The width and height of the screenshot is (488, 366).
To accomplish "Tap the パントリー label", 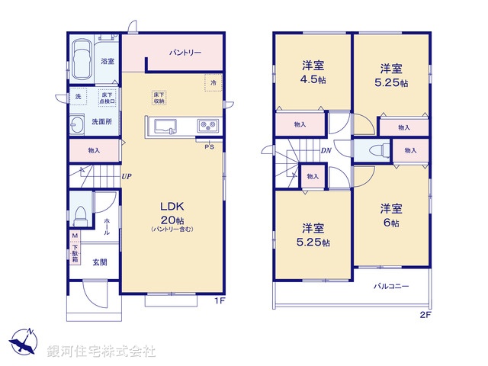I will click(185, 53).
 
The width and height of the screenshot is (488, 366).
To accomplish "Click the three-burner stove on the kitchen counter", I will click(207, 125).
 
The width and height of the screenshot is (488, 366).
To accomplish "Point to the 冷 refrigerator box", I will click(213, 82).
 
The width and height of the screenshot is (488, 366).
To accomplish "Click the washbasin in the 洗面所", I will click(79, 125).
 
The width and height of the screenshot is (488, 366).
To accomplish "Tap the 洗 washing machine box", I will click(77, 96).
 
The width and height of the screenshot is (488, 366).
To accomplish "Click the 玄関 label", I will click(100, 263).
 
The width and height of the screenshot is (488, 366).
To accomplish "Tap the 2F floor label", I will click(425, 313).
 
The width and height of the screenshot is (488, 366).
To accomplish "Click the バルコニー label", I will click(391, 287).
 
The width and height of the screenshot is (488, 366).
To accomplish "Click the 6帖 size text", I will click(391, 222).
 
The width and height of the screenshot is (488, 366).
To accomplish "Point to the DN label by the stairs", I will click(325, 151).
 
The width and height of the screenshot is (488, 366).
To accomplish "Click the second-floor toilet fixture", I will click(374, 151).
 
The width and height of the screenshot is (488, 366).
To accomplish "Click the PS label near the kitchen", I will click(208, 147).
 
